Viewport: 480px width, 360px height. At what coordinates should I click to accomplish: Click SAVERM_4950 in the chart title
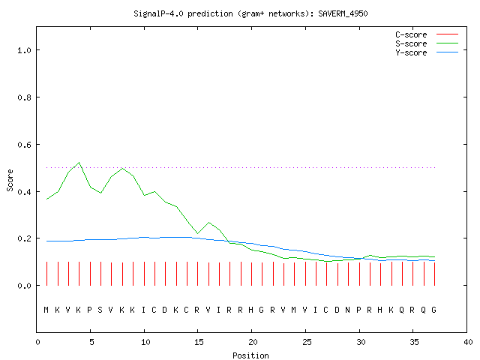click(343, 13)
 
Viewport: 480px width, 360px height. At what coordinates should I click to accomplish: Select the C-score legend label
click(411, 34)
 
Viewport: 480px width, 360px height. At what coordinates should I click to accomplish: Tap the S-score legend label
click(411, 43)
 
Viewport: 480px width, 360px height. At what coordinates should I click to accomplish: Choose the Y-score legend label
click(411, 52)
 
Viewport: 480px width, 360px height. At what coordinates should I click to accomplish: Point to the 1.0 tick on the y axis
click(24, 50)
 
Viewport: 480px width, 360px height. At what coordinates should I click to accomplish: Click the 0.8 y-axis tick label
click(24, 97)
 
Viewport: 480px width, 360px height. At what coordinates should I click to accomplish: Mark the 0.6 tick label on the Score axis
click(24, 145)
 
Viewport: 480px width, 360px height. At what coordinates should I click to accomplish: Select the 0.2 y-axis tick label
click(24, 238)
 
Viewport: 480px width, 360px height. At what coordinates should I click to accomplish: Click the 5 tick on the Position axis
click(91, 342)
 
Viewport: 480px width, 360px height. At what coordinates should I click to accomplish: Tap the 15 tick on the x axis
click(199, 342)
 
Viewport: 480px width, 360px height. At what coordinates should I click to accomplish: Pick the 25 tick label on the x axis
click(307, 342)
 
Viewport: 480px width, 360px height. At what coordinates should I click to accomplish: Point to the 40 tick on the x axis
click(468, 342)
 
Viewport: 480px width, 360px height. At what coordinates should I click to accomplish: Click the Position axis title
click(250, 355)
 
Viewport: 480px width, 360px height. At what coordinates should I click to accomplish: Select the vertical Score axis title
click(10, 180)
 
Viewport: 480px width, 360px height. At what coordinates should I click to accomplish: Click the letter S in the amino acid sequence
click(100, 310)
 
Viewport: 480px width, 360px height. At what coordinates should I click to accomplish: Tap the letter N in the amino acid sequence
click(347, 310)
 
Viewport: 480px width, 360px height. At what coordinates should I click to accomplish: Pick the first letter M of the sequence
click(46, 310)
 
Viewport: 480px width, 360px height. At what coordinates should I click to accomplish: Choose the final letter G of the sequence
click(433, 310)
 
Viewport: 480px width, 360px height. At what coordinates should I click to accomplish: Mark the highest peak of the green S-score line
click(79, 163)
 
